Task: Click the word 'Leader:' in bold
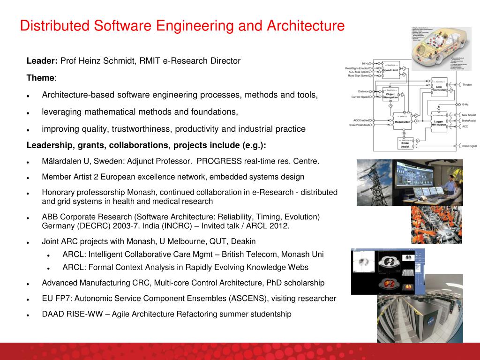pos(42,61)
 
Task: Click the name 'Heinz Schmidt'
pos(101,61)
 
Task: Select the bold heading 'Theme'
pos(40,78)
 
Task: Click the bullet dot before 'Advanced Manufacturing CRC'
pos(29,284)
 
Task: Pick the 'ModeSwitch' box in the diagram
pos(402,121)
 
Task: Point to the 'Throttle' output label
pos(467,85)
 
